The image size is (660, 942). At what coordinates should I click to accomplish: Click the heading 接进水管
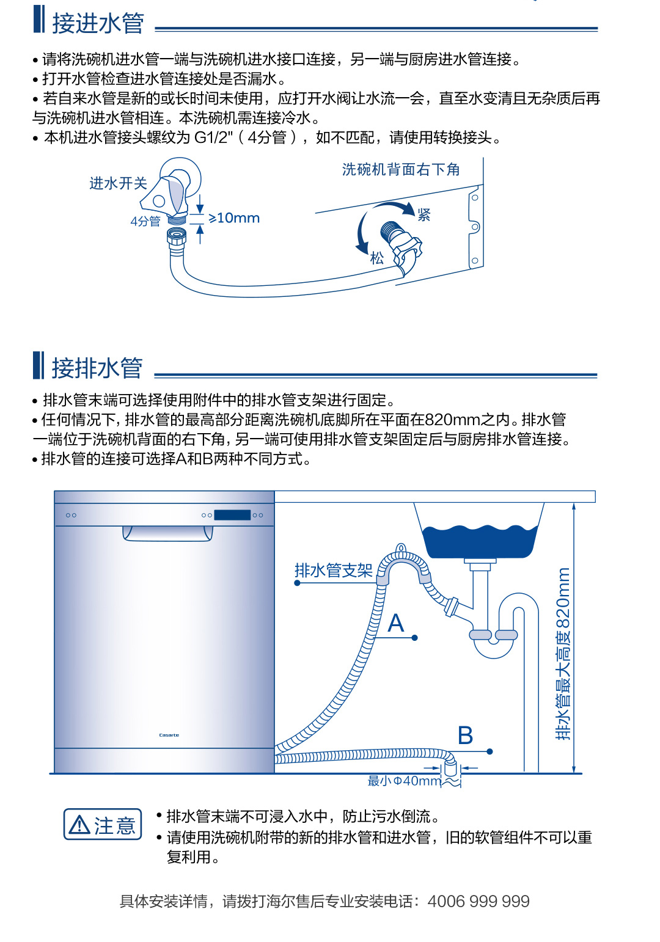tap(98, 24)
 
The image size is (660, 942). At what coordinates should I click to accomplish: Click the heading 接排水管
tap(97, 368)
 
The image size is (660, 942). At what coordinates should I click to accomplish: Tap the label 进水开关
tap(118, 183)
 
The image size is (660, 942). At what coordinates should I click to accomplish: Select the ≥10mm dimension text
tap(234, 218)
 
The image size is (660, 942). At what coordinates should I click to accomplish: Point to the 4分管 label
tap(145, 221)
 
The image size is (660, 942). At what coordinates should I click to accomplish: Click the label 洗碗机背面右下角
tap(401, 169)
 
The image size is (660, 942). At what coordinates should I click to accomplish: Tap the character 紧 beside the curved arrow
tap(424, 214)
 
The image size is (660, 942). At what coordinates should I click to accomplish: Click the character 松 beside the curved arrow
tap(377, 258)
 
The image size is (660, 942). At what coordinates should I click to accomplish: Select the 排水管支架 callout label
tap(333, 571)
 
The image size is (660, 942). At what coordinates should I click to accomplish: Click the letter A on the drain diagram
tap(396, 624)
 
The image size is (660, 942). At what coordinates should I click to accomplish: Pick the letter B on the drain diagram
tap(465, 736)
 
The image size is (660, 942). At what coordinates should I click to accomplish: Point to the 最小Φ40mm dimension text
tap(404, 781)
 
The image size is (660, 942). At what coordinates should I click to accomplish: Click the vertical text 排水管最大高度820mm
tap(563, 654)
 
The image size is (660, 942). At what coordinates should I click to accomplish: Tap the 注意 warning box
tap(103, 825)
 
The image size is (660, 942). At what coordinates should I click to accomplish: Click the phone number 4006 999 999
tap(479, 901)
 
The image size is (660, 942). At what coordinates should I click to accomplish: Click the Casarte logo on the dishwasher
tap(169, 735)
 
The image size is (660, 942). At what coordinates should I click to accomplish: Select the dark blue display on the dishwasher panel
tap(232, 515)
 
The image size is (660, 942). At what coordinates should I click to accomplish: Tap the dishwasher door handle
tap(167, 533)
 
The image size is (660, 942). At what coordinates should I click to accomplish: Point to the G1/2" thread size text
tap(214, 137)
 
